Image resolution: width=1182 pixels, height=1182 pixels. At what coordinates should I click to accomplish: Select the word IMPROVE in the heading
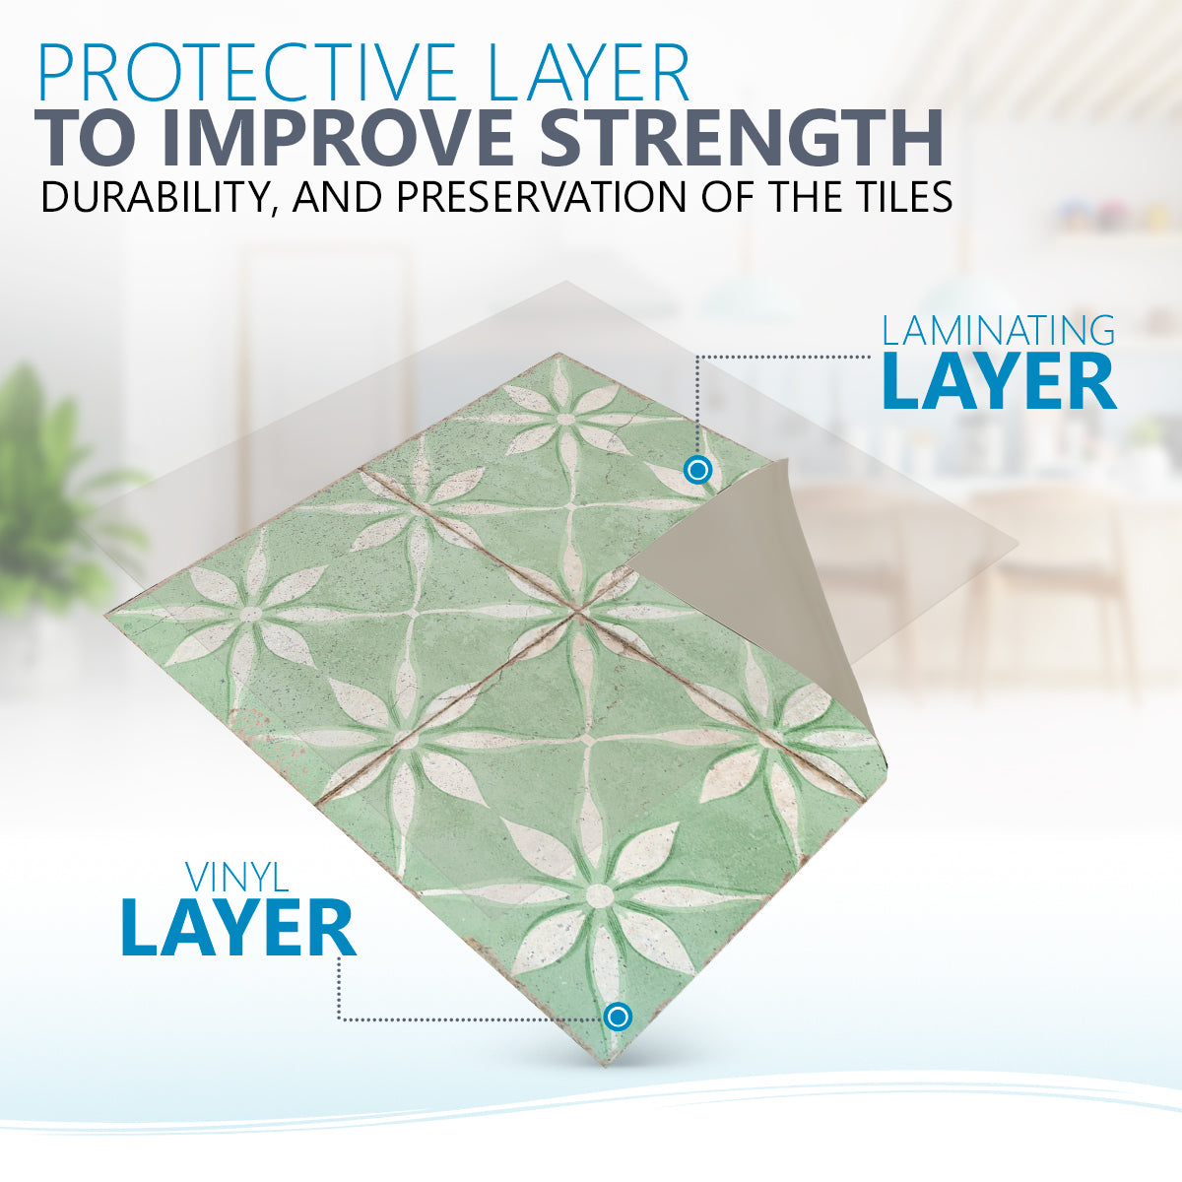coord(334,139)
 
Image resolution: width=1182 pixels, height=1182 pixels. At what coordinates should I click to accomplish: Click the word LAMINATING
coord(998,330)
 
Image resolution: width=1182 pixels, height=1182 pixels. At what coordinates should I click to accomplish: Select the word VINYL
coord(237,878)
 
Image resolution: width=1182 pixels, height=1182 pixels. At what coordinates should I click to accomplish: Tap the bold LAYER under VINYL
coord(238,928)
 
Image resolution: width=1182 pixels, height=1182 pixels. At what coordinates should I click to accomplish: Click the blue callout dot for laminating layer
coord(697,471)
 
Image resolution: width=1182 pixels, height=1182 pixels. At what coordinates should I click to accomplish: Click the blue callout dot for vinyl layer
coord(618,1017)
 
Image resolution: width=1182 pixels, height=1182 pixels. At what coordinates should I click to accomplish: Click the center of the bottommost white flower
coord(599,896)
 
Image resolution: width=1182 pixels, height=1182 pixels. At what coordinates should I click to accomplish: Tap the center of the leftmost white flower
coord(250,613)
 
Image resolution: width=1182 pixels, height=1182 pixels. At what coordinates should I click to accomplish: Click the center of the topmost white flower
coord(565,419)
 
